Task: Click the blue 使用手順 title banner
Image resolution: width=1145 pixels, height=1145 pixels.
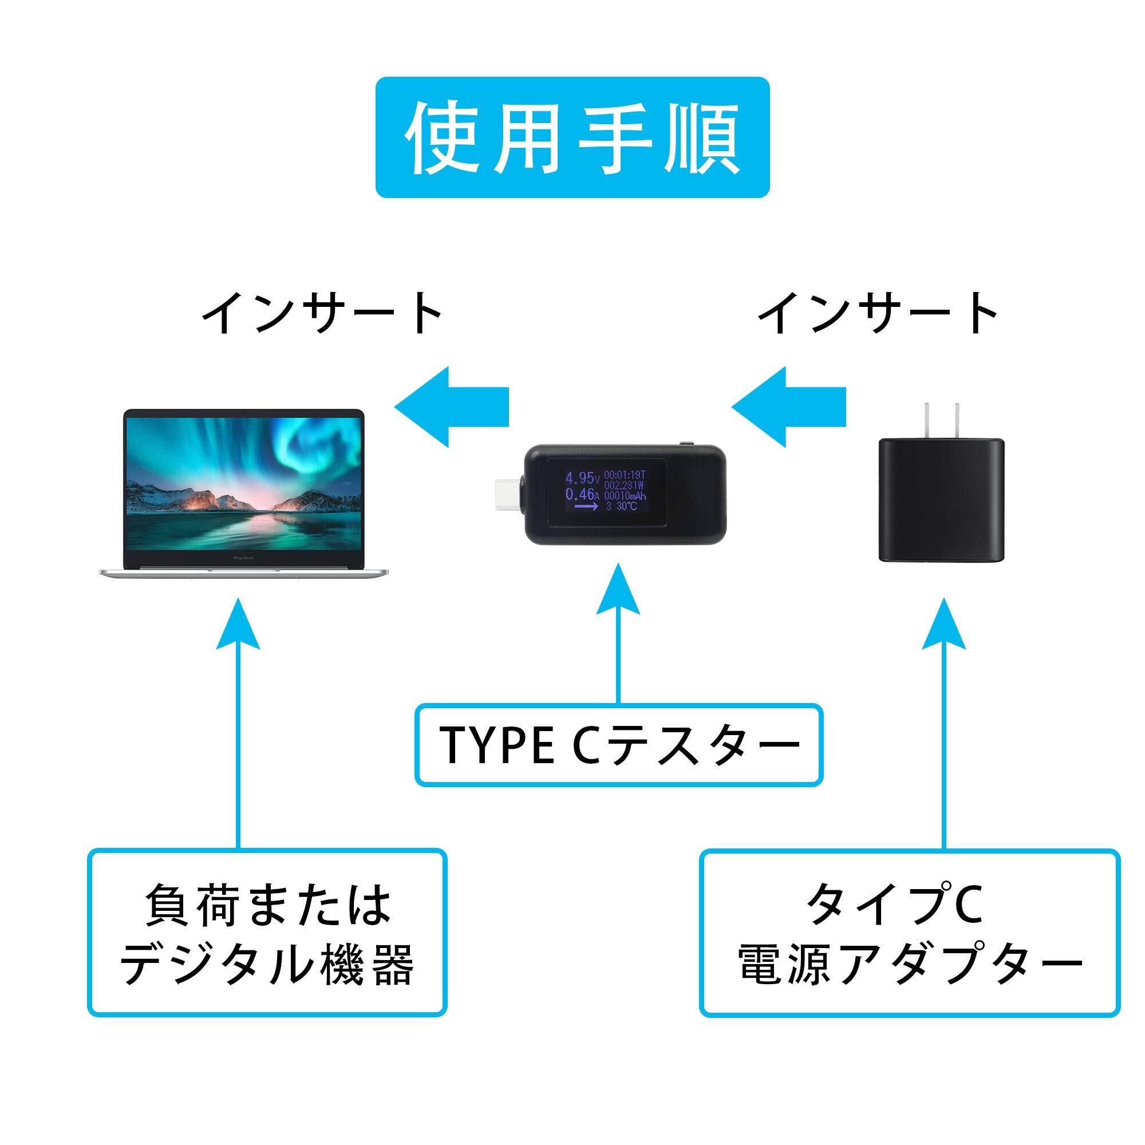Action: click(x=572, y=137)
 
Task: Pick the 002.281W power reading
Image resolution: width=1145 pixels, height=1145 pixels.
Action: click(x=625, y=485)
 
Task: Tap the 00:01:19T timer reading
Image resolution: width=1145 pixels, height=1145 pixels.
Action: click(x=625, y=475)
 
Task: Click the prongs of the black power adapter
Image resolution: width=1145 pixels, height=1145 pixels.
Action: click(x=941, y=420)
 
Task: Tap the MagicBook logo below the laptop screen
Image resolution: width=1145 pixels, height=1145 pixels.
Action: click(x=243, y=558)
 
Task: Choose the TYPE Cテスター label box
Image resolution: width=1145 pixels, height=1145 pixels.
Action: click(x=618, y=745)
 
